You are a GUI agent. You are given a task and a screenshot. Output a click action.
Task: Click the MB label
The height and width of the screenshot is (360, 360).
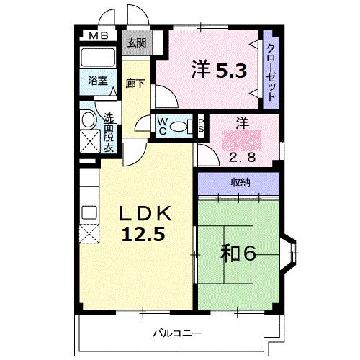click(x=99, y=36)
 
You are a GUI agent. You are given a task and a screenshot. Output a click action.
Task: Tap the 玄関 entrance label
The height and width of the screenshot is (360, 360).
click(x=137, y=43)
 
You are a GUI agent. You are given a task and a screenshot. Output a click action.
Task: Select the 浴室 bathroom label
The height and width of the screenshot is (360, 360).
click(x=98, y=81)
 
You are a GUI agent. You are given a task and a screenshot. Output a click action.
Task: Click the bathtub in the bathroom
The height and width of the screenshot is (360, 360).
click(x=98, y=58)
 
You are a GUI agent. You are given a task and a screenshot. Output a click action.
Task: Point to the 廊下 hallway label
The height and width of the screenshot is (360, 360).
click(x=135, y=84)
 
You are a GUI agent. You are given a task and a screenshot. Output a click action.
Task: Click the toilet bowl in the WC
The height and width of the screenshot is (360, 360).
click(x=178, y=127)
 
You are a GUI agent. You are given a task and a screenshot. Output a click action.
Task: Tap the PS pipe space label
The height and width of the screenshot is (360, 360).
click(x=201, y=126)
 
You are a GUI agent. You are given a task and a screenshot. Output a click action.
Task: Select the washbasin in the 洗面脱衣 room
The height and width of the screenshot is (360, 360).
click(x=88, y=120)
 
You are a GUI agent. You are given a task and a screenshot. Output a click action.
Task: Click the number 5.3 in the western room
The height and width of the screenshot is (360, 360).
click(x=231, y=71)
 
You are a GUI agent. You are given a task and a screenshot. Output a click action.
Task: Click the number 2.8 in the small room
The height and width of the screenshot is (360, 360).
click(x=242, y=158)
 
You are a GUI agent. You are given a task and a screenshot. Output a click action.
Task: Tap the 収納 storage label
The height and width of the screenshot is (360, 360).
click(x=240, y=183)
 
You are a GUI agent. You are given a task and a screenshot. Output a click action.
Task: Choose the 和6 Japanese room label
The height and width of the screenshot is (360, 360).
click(x=238, y=253)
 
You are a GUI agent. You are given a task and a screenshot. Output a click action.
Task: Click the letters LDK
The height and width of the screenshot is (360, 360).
click(x=145, y=213)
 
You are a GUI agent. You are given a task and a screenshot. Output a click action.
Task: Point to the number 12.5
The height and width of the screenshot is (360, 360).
click(x=143, y=234)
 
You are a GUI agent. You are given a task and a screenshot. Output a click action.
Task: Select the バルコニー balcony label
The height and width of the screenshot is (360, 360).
click(x=177, y=333)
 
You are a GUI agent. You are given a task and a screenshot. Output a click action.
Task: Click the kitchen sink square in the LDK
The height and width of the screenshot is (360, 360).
click(x=89, y=212)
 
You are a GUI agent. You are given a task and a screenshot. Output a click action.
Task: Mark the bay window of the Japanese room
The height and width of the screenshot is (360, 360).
click(x=289, y=253)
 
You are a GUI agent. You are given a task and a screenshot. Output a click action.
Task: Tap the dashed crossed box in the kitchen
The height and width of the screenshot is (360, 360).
click(x=89, y=234)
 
